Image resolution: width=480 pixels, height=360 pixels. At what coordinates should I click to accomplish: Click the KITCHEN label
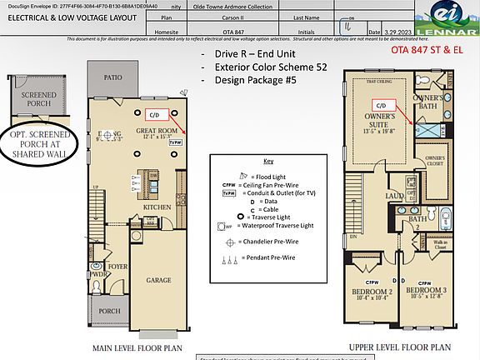point(157,206)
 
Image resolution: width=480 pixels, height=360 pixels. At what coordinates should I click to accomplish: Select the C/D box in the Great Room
point(154,113)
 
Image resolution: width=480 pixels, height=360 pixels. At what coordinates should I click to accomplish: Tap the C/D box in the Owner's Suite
point(380,106)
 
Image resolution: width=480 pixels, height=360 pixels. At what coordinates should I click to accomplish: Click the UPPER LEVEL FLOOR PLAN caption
point(399,346)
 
